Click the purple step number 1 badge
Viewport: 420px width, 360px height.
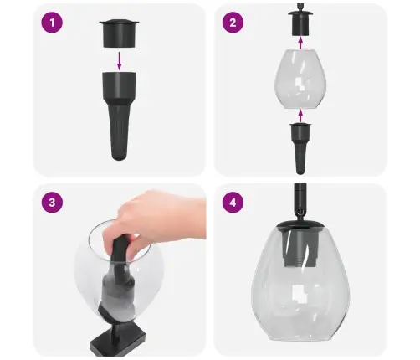point(52,23)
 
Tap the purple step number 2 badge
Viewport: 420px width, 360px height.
point(233,23)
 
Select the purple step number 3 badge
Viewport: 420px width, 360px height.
point(52,203)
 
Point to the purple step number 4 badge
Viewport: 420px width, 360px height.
point(233,203)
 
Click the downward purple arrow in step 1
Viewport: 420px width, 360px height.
point(120,61)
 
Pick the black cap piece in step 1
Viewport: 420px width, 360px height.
point(120,33)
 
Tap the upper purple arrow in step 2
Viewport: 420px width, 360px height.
point(300,44)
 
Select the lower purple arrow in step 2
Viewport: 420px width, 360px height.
point(300,116)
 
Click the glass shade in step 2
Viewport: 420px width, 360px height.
point(300,79)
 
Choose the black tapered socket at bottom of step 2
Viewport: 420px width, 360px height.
point(300,148)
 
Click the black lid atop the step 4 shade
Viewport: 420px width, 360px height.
point(300,224)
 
